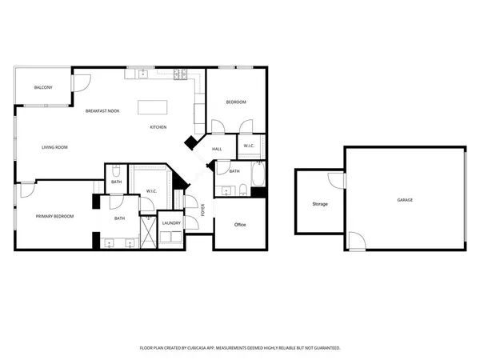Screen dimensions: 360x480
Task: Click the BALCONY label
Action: click(43, 86)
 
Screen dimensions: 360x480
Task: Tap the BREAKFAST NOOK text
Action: click(102, 110)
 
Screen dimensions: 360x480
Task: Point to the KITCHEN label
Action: click(158, 128)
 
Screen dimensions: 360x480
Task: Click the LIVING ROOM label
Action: click(54, 147)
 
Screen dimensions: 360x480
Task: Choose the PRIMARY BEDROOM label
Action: click(54, 217)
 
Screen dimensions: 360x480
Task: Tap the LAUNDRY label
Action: click(170, 223)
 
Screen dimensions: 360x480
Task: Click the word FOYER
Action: click(202, 210)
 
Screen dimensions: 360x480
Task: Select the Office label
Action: click(239, 224)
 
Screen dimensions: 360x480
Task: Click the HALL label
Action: click(217, 150)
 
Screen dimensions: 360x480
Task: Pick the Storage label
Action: click(319, 204)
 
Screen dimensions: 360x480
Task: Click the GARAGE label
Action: click(405, 199)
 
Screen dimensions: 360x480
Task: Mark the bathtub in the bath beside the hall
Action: click(258, 174)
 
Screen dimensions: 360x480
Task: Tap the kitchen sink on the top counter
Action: click(144, 74)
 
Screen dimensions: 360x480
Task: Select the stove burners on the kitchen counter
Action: click(182, 76)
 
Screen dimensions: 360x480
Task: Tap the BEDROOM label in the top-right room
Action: click(235, 102)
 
